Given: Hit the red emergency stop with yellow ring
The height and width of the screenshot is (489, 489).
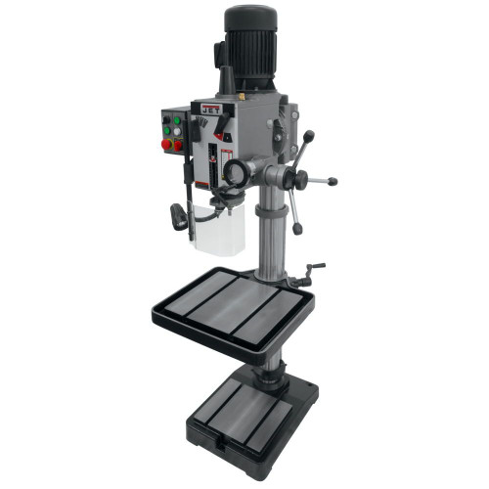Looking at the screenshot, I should pyautogui.click(x=166, y=144).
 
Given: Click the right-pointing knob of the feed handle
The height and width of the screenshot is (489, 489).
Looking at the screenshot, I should pyautogui.click(x=333, y=181).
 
